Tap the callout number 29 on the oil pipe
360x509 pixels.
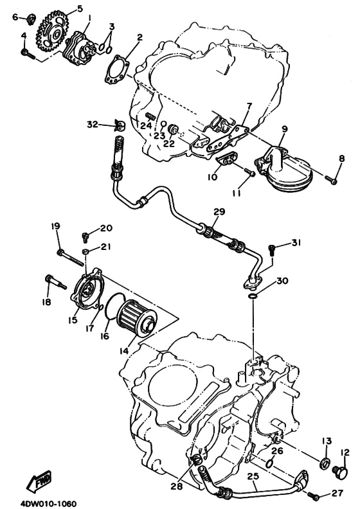(x=219, y=211)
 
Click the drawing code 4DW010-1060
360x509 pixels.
(x=49, y=503)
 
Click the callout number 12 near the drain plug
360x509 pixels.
(x=345, y=452)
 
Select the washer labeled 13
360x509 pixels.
(x=325, y=463)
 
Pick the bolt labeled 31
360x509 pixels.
(x=272, y=249)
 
